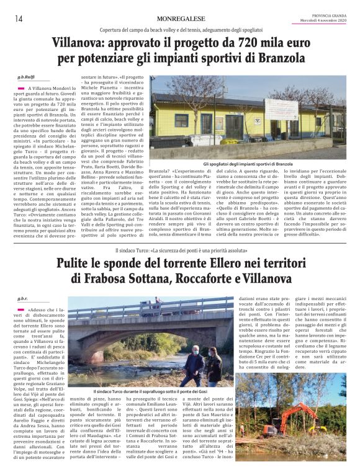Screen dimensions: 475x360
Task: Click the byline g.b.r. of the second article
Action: pos(23,299)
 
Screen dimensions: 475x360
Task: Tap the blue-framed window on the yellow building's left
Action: pos(181,120)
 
